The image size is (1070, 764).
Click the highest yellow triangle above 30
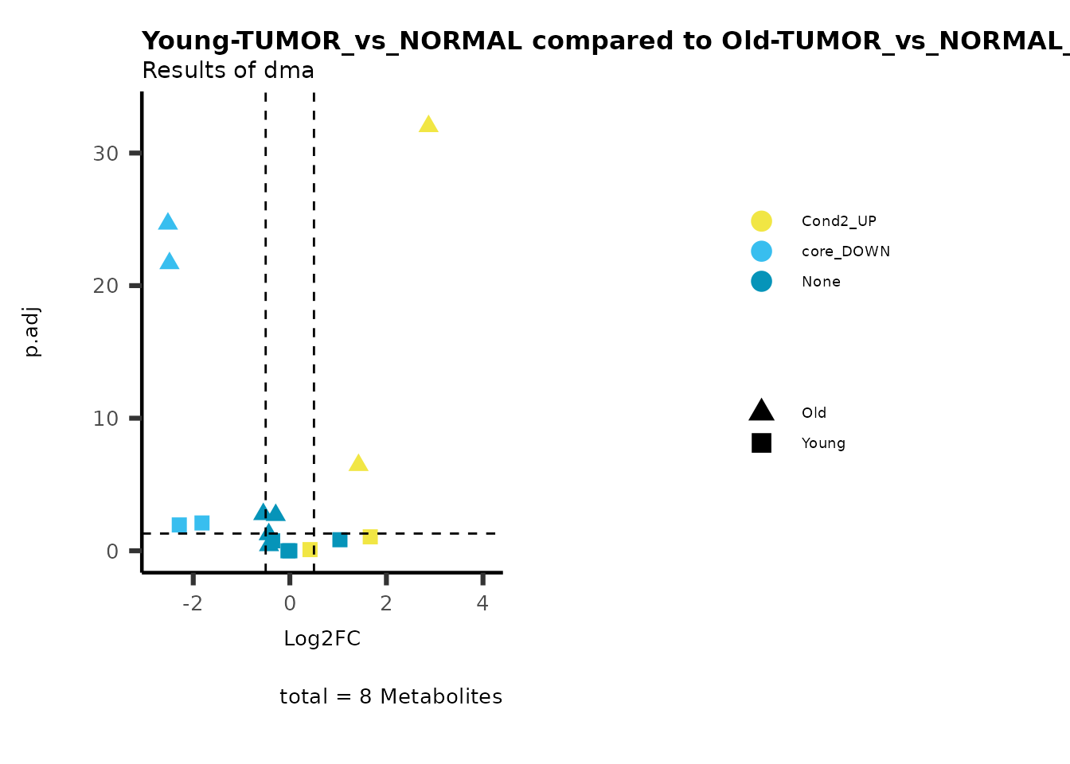(x=428, y=125)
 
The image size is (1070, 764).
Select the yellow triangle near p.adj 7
(x=358, y=464)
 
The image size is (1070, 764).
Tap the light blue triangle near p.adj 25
(x=168, y=223)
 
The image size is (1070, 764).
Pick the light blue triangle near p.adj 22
(x=169, y=262)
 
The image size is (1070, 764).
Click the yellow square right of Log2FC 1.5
(x=370, y=536)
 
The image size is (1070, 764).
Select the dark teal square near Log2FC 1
(x=340, y=540)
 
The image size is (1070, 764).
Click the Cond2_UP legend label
(x=839, y=221)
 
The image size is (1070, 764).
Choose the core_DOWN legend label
(x=845, y=251)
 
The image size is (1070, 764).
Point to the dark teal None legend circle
(x=761, y=282)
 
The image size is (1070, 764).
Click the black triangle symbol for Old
(x=761, y=411)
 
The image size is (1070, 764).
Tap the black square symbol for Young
(x=761, y=443)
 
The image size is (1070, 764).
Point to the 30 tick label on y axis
(x=106, y=154)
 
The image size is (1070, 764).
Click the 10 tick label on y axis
(x=106, y=419)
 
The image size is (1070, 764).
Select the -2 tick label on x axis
(x=193, y=603)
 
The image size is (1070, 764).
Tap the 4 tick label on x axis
(x=482, y=603)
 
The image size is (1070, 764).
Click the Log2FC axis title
(x=322, y=639)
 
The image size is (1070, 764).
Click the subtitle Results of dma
(x=228, y=71)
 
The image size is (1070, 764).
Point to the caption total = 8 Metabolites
(x=391, y=696)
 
